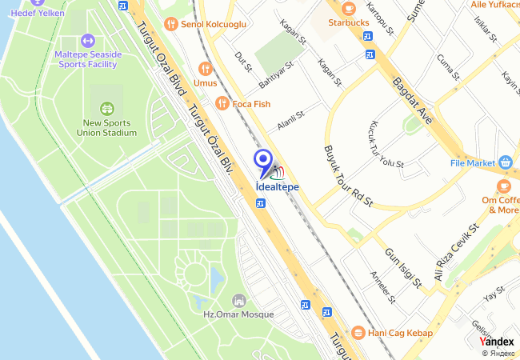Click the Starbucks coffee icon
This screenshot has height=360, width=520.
coord(348,8)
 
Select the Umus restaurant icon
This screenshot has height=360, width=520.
coord(206,68)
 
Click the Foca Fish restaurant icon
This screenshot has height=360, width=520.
coord(222,103)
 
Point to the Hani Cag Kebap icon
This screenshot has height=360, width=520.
coord(358,332)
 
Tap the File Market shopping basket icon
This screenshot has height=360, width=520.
coord(505,162)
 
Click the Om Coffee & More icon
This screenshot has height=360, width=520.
coord(504,186)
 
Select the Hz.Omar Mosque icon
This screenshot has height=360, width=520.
coord(238,301)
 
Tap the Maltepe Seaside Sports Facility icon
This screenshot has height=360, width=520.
coord(88,40)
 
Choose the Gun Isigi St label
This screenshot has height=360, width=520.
coord(403,267)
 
